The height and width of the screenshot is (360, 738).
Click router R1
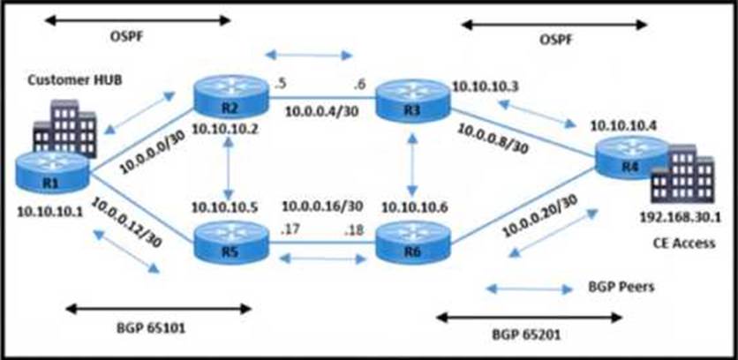click(52, 172)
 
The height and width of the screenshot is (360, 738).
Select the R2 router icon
click(230, 99)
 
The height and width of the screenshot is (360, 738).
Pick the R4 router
click(630, 158)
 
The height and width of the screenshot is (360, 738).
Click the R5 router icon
click(230, 244)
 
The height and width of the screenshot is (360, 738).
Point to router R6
click(413, 244)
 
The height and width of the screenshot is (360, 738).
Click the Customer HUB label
click(75, 79)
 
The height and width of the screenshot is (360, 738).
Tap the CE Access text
click(684, 243)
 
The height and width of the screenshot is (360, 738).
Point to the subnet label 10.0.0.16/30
click(322, 206)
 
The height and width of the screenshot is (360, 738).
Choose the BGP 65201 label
click(526, 335)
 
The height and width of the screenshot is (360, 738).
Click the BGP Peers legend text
click(621, 287)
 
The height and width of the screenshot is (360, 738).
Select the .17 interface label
click(289, 230)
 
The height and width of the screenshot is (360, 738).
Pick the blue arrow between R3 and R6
click(413, 164)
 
